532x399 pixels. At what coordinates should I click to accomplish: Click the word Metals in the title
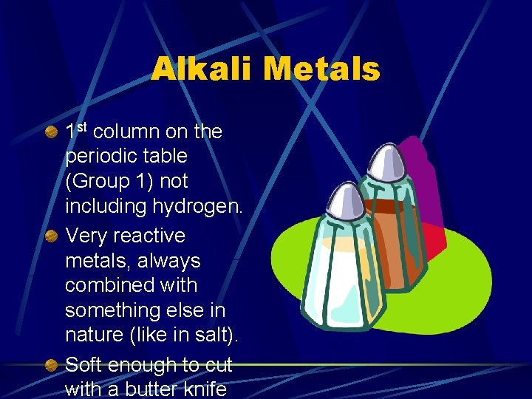(x=321, y=70)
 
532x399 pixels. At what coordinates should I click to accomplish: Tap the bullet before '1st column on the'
(x=51, y=133)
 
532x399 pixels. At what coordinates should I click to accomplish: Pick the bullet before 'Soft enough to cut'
(x=51, y=365)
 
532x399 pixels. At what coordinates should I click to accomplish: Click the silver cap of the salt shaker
(x=341, y=202)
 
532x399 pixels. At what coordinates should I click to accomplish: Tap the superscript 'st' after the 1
(x=82, y=128)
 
